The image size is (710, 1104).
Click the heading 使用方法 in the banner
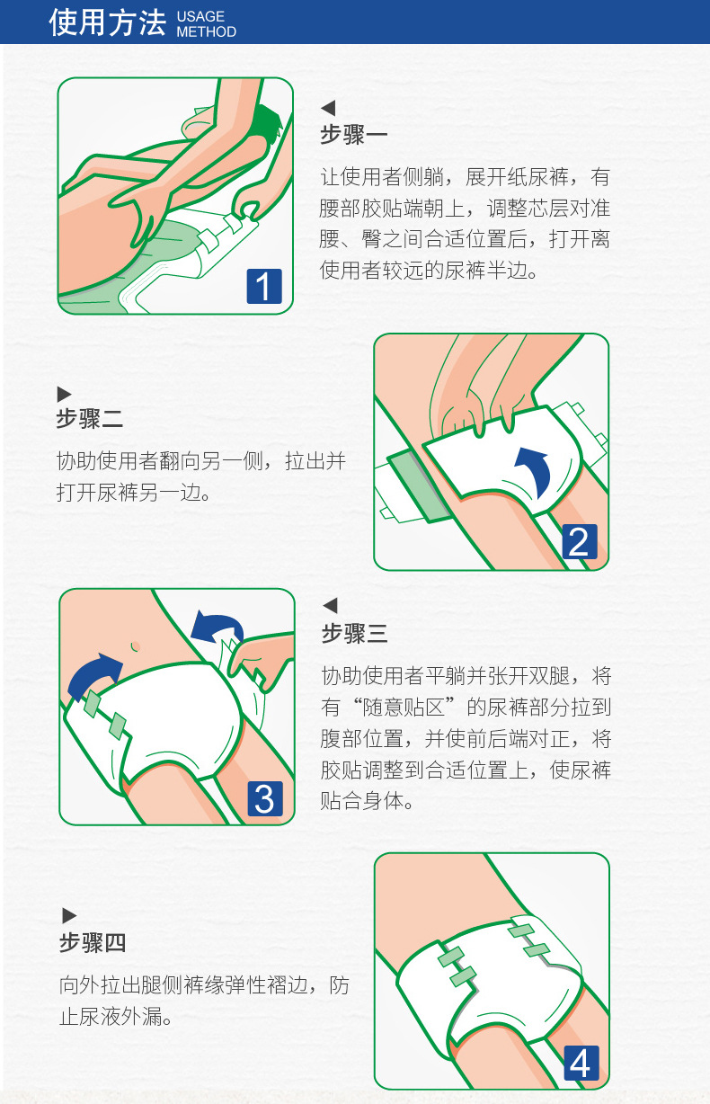107,22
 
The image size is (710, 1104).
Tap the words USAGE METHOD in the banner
206,24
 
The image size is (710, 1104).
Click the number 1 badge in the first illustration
264,287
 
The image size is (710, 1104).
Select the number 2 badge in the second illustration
579,543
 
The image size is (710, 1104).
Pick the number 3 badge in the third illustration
264,798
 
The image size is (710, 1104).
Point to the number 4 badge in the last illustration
581,1064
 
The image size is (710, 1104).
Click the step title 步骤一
354,135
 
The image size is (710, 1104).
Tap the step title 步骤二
89,419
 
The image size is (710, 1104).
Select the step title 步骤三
354,633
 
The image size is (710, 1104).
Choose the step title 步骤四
92,943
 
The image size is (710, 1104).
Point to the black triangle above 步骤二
64,393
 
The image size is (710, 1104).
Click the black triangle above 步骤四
69,916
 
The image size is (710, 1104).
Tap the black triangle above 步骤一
328,109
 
